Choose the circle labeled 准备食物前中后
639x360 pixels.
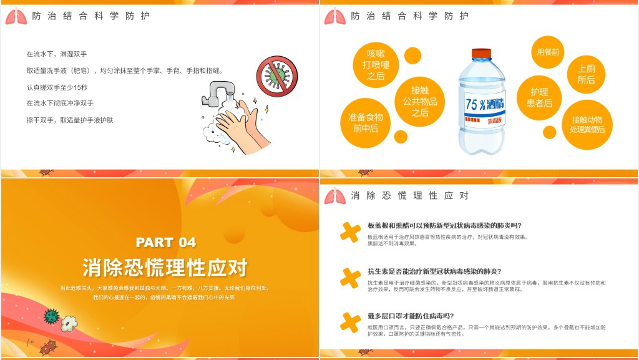pyautogui.click(x=366, y=122)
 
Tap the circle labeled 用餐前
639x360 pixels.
pyautogui.click(x=548, y=52)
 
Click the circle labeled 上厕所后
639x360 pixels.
pyautogui.click(x=586, y=74)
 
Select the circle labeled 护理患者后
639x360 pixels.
pyautogui.click(x=539, y=97)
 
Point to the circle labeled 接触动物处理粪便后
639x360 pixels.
pyautogui.click(x=587, y=124)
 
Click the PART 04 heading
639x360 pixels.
pyautogui.click(x=165, y=242)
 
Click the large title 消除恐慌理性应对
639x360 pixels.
pyautogui.click(x=165, y=268)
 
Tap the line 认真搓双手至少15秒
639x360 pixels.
pyautogui.click(x=57, y=87)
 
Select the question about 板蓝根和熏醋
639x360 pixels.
pyautogui.click(x=444, y=225)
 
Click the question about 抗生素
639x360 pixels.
pyautogui.click(x=434, y=271)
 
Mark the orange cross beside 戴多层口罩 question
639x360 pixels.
pyautogui.click(x=350, y=322)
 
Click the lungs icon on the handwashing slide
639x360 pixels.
pyautogui.click(x=16, y=16)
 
